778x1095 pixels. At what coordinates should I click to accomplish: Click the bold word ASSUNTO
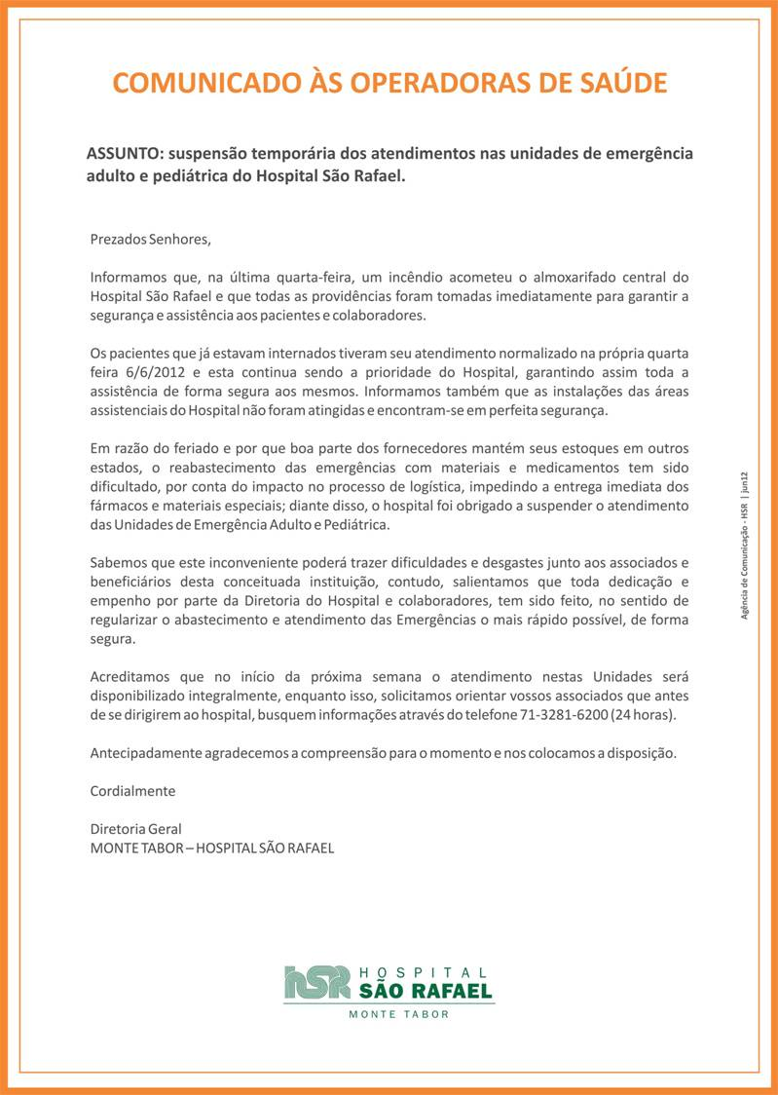124,154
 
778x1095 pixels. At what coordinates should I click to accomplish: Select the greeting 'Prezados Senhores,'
150,238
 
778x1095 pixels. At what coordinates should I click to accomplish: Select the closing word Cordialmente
132,791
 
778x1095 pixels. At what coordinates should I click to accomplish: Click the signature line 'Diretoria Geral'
135,829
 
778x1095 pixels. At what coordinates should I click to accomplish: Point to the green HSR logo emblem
316,983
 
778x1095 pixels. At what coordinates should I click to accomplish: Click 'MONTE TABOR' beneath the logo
399,1014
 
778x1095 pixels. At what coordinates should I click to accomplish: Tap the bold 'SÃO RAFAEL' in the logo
426,992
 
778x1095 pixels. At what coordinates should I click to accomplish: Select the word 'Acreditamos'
130,676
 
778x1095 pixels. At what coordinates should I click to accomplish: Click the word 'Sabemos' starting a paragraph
118,563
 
